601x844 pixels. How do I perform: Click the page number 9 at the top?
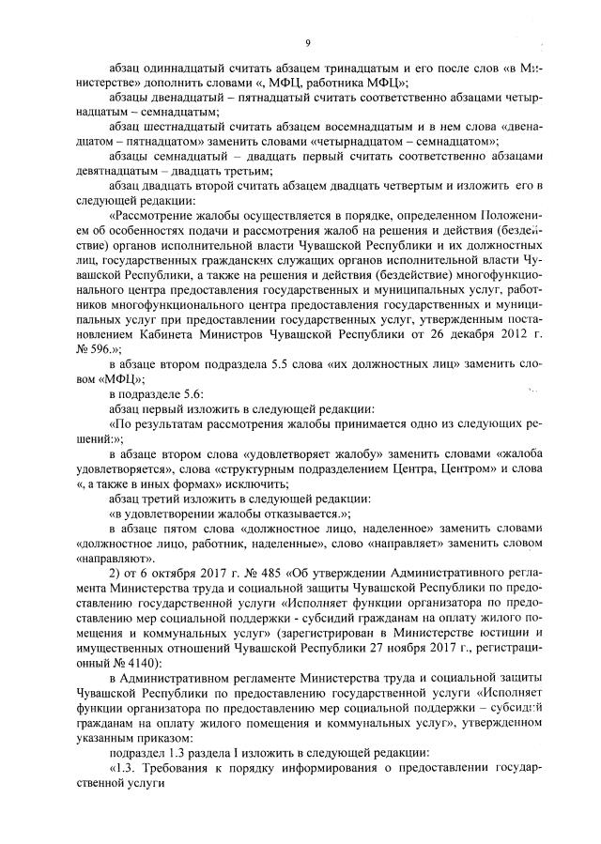307,41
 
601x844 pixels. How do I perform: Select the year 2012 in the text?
516,330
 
